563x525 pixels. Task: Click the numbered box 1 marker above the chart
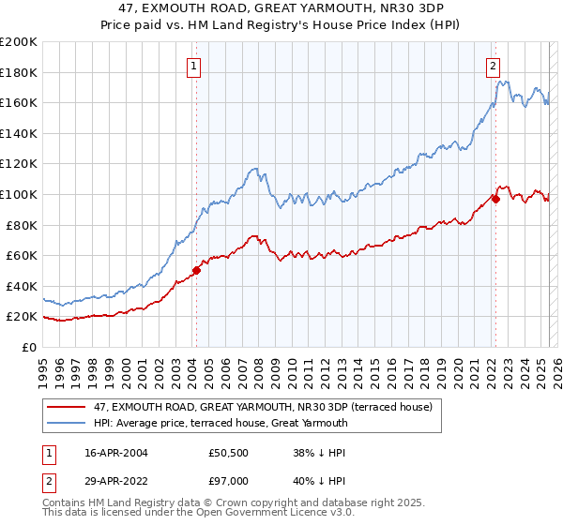(192, 66)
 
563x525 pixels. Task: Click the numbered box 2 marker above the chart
(493, 66)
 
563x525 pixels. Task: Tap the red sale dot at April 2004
(196, 271)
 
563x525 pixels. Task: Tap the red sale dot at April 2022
(495, 199)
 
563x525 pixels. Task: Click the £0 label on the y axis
(28, 347)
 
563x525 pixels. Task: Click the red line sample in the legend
(66, 407)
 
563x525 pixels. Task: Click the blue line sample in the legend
(66, 423)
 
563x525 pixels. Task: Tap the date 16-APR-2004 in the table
(115, 453)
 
